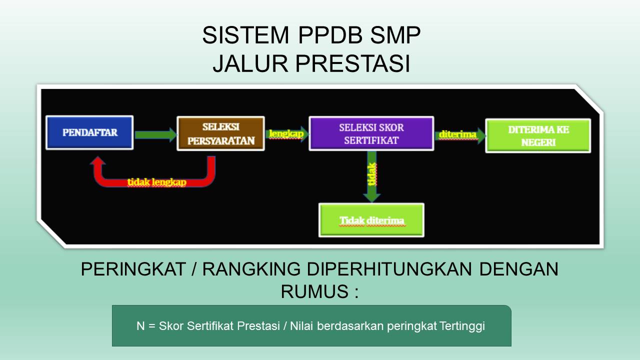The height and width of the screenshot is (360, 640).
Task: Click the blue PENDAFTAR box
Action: pos(89,132)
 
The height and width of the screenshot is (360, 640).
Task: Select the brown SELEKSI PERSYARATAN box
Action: pos(220,133)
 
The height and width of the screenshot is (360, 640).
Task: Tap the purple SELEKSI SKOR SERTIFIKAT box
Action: pos(371,133)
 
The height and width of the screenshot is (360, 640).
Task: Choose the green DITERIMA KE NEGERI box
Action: pos(538,135)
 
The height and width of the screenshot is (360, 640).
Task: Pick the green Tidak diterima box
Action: pos(371,220)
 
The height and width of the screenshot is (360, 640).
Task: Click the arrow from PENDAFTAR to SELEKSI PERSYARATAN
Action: pos(155,135)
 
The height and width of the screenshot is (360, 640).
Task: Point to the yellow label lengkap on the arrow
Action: pos(286,133)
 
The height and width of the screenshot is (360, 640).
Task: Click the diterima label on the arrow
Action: pos(457,134)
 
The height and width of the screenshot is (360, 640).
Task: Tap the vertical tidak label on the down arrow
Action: pos(371,174)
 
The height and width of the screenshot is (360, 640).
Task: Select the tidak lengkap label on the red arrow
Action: pos(157,182)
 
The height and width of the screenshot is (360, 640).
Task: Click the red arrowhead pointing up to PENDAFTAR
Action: pos(98,160)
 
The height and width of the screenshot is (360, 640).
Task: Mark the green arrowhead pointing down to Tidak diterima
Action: pos(371,197)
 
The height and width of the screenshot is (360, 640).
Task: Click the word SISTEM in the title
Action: pos(245,35)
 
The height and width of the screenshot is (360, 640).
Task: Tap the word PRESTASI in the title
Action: pos(352,63)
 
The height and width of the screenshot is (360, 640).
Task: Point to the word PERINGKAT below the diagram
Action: pos(133,269)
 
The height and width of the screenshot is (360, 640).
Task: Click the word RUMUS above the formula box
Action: pos(315,291)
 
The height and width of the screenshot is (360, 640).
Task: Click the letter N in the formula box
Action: pos(140,326)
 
